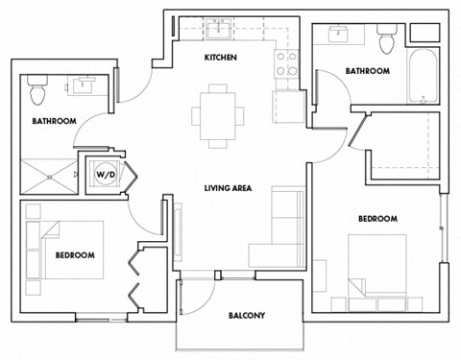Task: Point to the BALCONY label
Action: coord(246,316)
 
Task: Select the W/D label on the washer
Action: coord(103,175)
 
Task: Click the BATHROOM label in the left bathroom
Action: coord(54,122)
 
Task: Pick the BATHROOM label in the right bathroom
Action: coord(367,71)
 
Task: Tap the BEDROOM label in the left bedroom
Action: coord(75,255)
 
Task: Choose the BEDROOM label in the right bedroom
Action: coord(377,219)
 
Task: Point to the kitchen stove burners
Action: coord(286,63)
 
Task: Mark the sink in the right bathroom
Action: coord(340,35)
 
